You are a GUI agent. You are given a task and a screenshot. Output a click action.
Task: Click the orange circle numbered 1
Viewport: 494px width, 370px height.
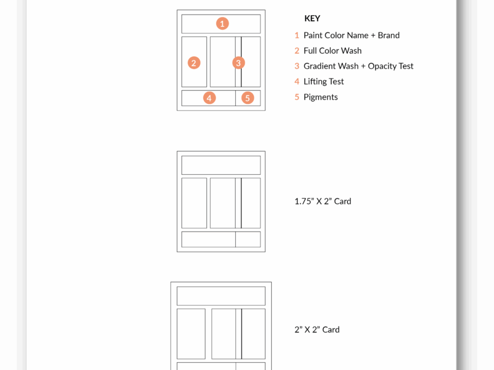[222, 24]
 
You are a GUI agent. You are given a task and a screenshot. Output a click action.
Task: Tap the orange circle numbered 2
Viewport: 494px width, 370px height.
[194, 63]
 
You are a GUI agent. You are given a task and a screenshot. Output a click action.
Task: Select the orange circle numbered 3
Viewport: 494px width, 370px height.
[239, 63]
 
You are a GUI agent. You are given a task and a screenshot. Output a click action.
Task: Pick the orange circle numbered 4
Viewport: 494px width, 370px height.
[209, 98]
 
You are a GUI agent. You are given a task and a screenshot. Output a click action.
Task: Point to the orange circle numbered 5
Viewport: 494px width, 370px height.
[248, 98]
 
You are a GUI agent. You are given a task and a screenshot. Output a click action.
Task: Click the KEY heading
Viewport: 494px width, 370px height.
[312, 18]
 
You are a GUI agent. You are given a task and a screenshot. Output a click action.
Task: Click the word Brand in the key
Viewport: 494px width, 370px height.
[389, 35]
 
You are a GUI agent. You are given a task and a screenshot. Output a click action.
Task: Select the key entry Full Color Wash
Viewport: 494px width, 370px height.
[332, 50]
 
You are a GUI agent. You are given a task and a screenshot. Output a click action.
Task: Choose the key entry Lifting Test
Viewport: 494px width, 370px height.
[323, 81]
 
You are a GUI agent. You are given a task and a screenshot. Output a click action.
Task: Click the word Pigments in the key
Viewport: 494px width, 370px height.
[321, 97]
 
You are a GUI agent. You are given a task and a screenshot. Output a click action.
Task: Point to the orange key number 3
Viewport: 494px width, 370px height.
[297, 66]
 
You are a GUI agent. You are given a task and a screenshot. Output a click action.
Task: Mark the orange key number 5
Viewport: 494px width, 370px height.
[297, 97]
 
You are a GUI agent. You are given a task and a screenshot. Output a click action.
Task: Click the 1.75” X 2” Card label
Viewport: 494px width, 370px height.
[323, 201]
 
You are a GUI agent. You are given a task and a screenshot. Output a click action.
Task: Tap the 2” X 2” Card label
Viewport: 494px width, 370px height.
[317, 330]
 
